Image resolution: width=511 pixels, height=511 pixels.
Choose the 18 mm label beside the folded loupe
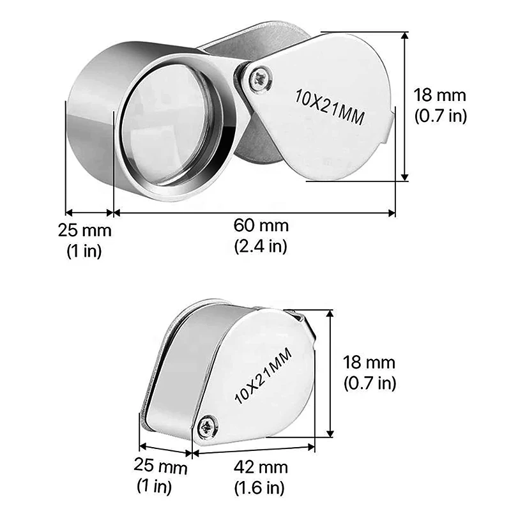click(369, 363)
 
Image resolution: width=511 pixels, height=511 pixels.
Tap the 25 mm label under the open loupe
click(85, 230)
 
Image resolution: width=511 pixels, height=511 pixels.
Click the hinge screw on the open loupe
click(262, 79)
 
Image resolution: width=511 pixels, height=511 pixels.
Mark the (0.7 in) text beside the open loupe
click(440, 116)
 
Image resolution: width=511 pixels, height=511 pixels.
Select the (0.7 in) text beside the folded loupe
click(369, 383)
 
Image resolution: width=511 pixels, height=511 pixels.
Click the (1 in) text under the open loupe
click(85, 250)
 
